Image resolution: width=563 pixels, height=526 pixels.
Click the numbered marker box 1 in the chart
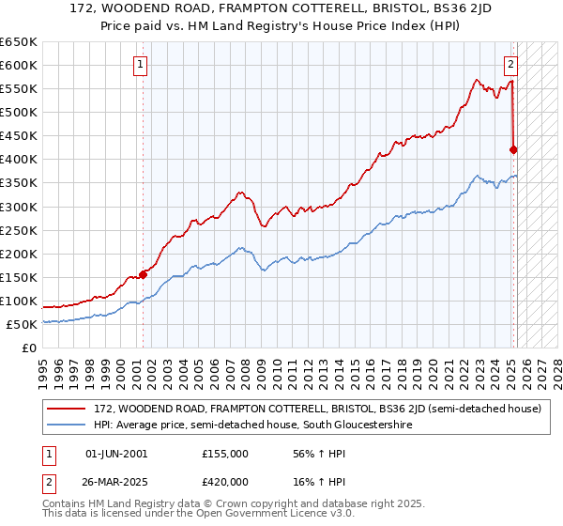click(x=140, y=65)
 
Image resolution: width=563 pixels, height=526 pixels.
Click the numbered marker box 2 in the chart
click(x=510, y=65)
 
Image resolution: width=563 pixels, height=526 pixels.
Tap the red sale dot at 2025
click(x=513, y=148)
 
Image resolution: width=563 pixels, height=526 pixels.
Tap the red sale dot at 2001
click(x=144, y=274)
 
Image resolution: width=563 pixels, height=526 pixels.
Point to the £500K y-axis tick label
click(x=19, y=112)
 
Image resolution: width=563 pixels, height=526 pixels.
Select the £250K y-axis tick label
click(x=19, y=230)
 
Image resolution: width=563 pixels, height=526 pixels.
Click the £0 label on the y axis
click(x=28, y=348)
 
